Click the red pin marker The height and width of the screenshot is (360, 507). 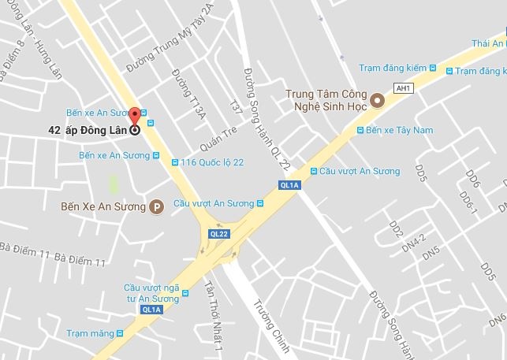(134, 116)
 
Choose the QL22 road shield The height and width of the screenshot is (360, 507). (218, 234)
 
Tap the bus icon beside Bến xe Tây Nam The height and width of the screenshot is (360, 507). (360, 130)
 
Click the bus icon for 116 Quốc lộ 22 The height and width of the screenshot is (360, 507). (175, 162)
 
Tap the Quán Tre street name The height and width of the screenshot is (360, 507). (218, 141)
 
